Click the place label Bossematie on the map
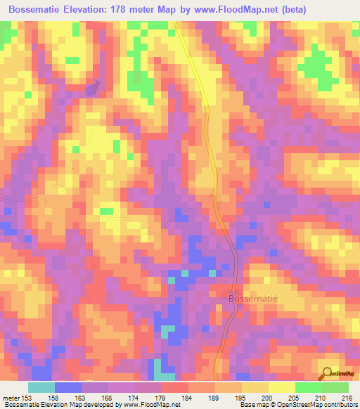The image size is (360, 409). (x=254, y=298)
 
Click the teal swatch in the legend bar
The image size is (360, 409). (x=41, y=387)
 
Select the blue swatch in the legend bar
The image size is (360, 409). (x=68, y=387)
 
